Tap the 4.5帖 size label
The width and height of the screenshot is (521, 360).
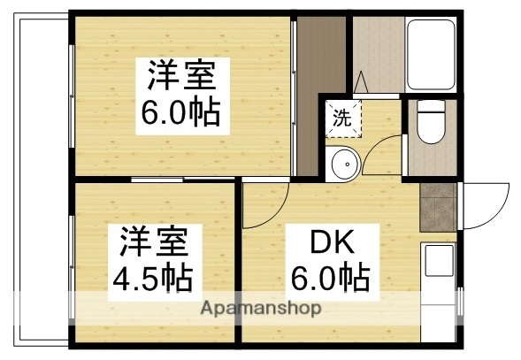[152, 278]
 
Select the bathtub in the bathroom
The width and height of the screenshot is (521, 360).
[430, 55]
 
